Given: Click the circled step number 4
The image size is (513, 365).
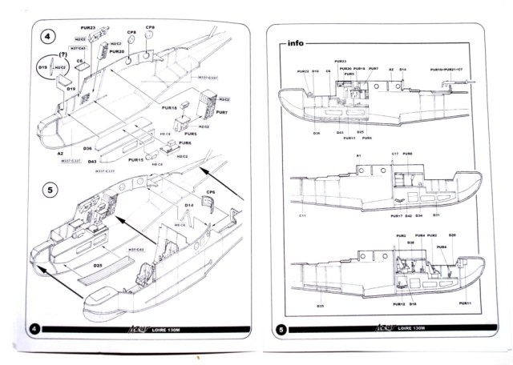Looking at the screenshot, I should tap(47, 38).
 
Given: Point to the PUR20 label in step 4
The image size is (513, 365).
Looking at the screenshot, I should tap(116, 51).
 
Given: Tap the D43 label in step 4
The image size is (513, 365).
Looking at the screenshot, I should tap(92, 161).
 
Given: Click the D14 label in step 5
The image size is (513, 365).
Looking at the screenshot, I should tap(190, 206).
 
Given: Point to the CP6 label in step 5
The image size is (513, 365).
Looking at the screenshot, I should tap(211, 191).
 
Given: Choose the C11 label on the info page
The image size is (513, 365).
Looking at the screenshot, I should tap(303, 215).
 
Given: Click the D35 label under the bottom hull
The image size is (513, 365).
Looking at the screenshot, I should tap(320, 306).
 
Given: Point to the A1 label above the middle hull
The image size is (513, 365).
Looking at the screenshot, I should tap(358, 154).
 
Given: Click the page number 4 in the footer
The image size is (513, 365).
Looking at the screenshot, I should tap(34, 329).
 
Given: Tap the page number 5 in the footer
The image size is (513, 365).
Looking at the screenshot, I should tap(280, 329).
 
